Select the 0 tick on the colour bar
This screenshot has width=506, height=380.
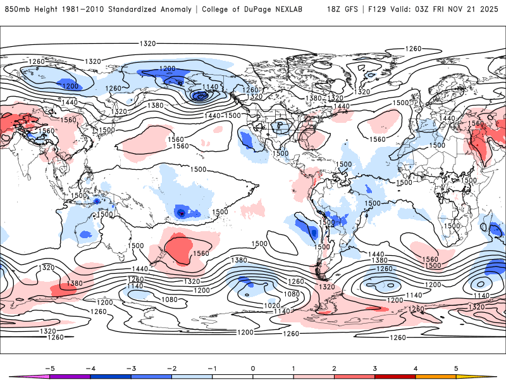click(x=252, y=367)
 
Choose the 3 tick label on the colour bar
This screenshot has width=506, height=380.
click(x=374, y=367)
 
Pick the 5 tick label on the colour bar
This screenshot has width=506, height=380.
click(x=456, y=367)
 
